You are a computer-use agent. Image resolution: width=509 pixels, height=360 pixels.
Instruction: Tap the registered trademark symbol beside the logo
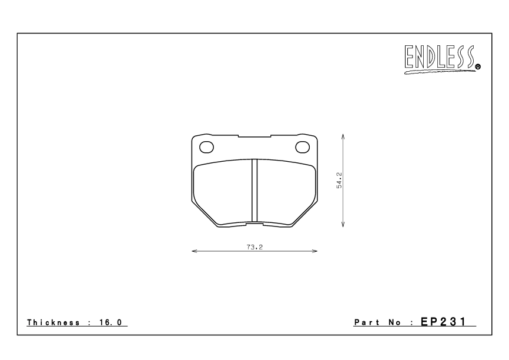[x=478, y=67]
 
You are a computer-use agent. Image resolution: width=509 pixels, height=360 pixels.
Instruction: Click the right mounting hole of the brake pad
[x=303, y=146]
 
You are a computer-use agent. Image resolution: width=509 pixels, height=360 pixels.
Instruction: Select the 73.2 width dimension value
[x=254, y=246]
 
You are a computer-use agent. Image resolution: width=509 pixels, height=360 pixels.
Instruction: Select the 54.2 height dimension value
[x=339, y=181]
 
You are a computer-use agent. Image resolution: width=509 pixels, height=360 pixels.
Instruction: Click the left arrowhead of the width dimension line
[x=195, y=252]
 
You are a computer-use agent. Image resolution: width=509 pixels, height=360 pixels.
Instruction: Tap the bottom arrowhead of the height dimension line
[x=343, y=225]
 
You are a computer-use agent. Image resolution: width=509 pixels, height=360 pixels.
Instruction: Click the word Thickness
[x=53, y=323]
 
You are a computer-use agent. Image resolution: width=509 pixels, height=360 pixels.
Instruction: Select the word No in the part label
[x=395, y=323]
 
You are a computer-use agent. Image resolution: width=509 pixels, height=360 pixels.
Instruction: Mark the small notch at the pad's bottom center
[x=254, y=224]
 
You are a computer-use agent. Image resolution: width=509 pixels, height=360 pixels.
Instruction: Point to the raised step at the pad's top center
[x=254, y=136]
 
